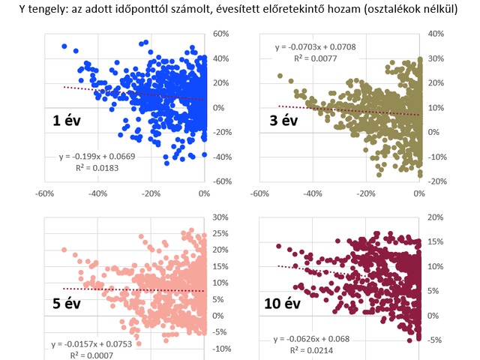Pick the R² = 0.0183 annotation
(97, 169)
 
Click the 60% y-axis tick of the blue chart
(220, 34)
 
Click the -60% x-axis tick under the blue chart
(43, 193)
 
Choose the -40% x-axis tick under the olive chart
(312, 193)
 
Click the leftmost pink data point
(64, 250)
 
